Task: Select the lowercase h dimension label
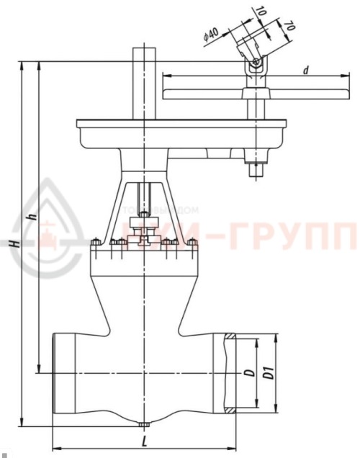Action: click(x=30, y=216)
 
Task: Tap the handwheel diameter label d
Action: click(x=306, y=70)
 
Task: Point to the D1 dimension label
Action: click(x=268, y=374)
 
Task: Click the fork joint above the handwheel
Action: click(x=253, y=66)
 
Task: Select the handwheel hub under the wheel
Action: click(x=253, y=94)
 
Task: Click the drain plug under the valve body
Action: click(x=145, y=425)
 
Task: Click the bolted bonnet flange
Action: click(x=145, y=251)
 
